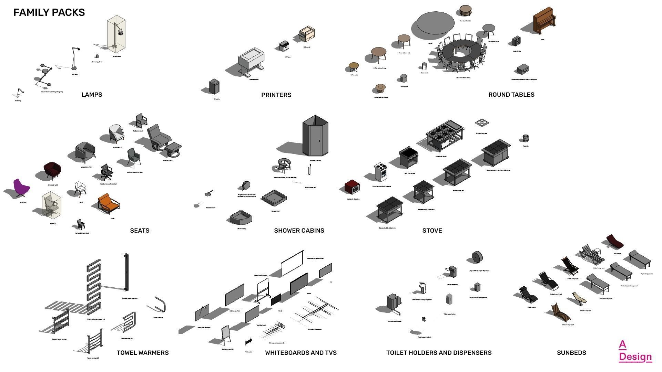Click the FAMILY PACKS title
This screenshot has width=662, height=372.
(49, 12)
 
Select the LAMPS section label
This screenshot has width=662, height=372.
(92, 95)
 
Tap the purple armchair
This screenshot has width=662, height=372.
(21, 188)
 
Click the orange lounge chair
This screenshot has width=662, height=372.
(108, 203)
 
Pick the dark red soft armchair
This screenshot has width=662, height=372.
(52, 170)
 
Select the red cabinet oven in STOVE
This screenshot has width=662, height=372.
(352, 187)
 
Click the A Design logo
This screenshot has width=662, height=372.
(635, 351)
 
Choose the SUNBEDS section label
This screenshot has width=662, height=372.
(571, 353)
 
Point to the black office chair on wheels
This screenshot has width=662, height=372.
(106, 172)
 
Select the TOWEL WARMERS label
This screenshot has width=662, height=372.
(143, 353)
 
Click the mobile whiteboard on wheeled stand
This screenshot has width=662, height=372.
(264, 291)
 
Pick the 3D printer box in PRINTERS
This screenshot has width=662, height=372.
(214, 86)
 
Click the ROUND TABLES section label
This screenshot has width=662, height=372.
(511, 95)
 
